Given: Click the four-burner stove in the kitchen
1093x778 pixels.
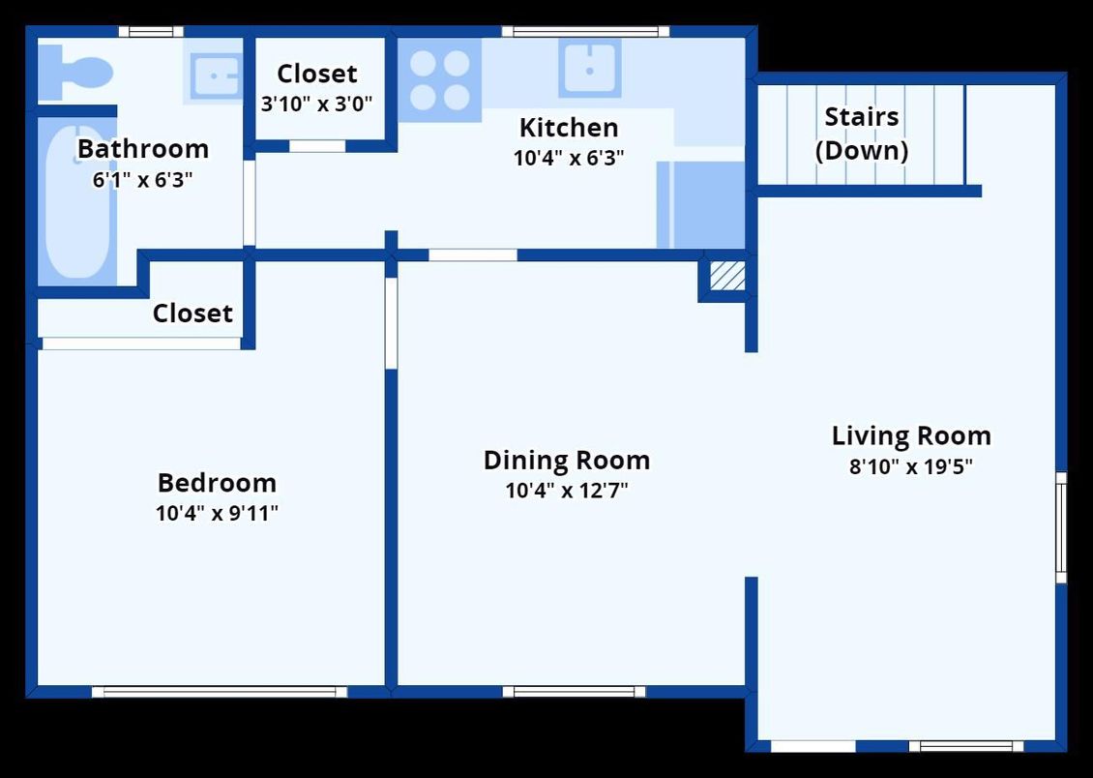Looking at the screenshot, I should point(439,80).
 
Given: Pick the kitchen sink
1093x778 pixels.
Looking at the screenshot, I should point(589,68).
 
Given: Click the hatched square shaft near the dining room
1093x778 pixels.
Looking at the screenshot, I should point(727,276).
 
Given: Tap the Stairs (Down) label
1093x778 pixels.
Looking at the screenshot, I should point(861,134).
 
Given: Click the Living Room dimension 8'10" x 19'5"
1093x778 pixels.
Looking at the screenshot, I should point(910,466).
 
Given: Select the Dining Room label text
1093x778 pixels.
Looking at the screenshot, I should point(567,460).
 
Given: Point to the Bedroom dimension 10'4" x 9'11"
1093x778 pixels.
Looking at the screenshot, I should point(217,513).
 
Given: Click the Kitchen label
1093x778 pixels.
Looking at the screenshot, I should point(568,128).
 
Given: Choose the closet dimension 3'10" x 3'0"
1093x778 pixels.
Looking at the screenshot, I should point(316,102).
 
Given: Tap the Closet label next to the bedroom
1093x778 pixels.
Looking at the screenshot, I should point(192,314).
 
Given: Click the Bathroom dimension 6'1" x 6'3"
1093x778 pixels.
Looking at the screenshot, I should point(142,180).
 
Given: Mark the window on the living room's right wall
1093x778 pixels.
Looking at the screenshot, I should point(1061,527).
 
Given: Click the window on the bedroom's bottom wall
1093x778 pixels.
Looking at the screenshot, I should point(220,692).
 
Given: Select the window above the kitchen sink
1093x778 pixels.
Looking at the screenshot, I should point(585,32).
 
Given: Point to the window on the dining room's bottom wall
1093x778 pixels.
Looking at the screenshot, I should point(574,692).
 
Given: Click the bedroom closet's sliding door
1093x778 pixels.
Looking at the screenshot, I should point(141,344).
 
